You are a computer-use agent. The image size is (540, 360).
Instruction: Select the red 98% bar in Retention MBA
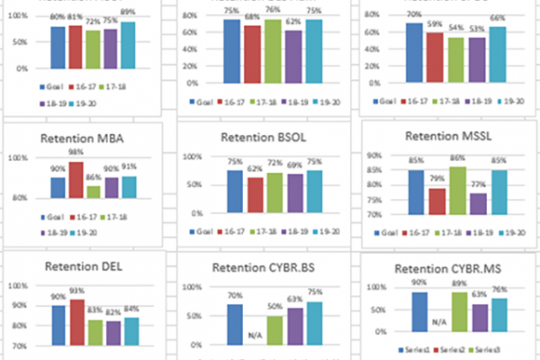click(x=76, y=180)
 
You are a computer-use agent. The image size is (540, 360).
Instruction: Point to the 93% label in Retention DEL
click(x=76, y=291)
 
